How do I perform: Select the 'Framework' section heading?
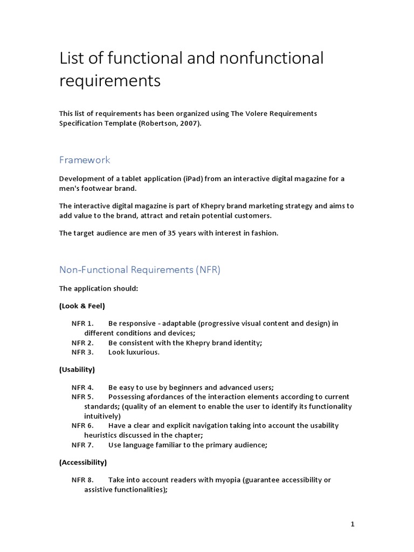click(85, 160)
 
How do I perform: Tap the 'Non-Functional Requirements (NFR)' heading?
click(140, 270)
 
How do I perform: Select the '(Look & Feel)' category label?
click(82, 306)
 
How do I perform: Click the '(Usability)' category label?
click(77, 369)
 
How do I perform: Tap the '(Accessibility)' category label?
click(83, 462)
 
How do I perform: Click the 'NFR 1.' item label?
click(82, 323)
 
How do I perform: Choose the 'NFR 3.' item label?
click(82, 353)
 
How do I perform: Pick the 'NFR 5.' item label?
click(82, 397)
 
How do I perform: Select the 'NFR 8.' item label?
click(82, 480)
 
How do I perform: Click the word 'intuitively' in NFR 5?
click(102, 416)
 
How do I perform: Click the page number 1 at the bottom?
click(353, 523)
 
